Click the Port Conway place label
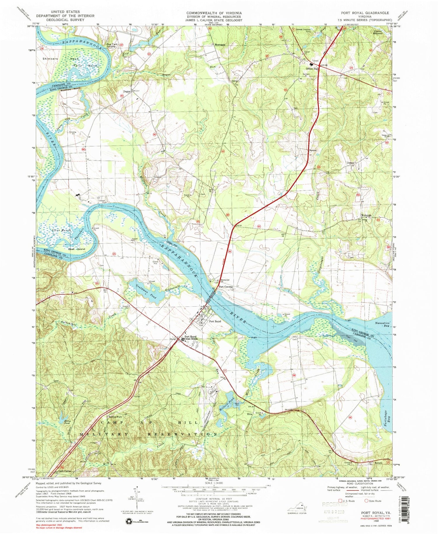click(x=226, y=287)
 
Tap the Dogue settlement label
click(x=126, y=91)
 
